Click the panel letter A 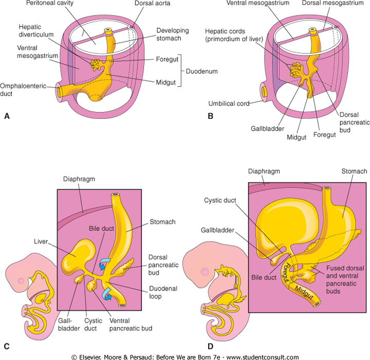(x=7, y=116)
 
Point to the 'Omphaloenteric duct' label (x=23, y=86)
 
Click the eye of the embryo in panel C (x=21, y=281)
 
